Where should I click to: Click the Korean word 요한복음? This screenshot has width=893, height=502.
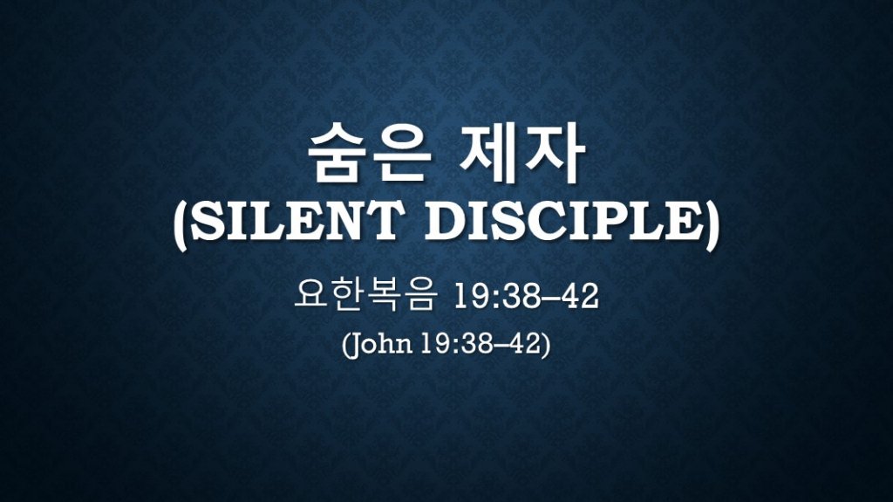point(366,297)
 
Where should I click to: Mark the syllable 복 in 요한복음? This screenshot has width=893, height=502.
point(384,297)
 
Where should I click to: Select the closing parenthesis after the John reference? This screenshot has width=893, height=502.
point(546,345)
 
